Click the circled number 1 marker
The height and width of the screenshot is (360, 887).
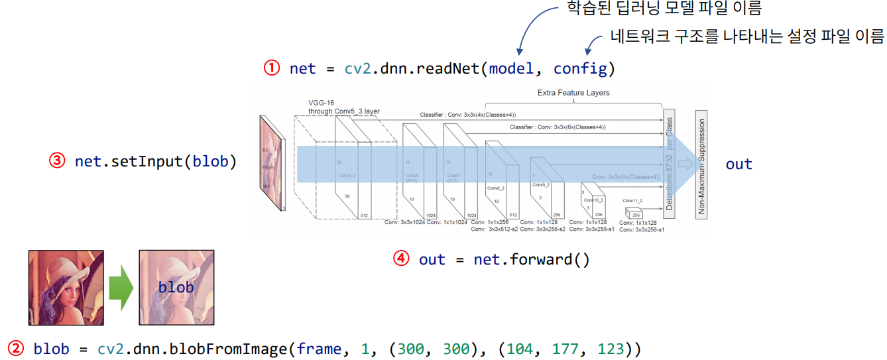click(272, 68)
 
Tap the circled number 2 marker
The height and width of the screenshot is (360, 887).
click(16, 348)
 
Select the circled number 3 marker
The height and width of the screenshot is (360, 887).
click(58, 161)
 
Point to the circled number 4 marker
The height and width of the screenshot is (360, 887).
click(402, 259)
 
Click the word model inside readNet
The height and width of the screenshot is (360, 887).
click(510, 68)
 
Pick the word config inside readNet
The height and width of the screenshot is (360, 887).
click(580, 68)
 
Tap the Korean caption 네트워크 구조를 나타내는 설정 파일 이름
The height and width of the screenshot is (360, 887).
click(747, 36)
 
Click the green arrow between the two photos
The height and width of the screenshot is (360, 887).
click(121, 287)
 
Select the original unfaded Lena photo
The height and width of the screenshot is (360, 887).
click(66, 287)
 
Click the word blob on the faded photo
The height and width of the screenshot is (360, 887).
click(176, 287)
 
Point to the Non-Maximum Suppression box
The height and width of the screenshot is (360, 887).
click(701, 163)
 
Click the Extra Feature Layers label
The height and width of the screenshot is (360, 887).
click(573, 93)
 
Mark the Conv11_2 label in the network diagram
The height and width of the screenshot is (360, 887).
click(632, 200)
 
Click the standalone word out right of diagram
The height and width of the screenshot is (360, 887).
click(739, 164)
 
